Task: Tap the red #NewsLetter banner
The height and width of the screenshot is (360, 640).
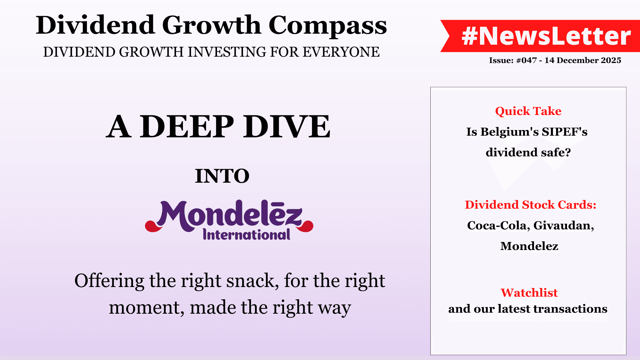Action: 540,36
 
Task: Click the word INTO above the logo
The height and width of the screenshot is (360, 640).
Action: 222,176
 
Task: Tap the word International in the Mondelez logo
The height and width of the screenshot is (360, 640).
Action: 247,235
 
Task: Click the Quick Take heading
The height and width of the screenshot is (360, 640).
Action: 528,111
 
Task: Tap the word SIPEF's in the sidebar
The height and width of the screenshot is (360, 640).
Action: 565,132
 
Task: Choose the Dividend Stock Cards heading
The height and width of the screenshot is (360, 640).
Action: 531,205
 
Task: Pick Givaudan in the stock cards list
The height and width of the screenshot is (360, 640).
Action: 564,226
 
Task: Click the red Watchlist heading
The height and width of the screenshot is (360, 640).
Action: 529,293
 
